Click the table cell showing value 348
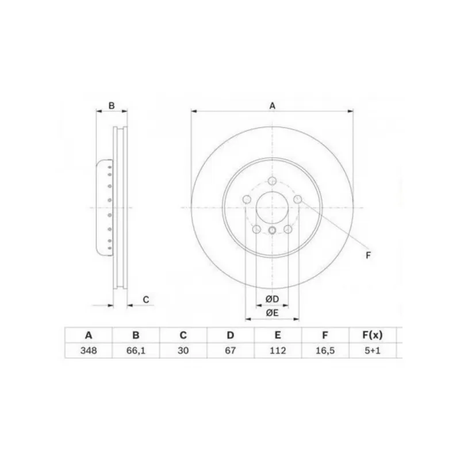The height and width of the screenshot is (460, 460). (89, 351)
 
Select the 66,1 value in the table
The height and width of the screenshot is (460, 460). (136, 351)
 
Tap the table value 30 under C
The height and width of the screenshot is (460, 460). (183, 351)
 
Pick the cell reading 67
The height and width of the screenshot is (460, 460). (231, 351)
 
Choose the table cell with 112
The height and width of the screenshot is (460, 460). (278, 351)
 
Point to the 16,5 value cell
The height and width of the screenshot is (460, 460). (325, 351)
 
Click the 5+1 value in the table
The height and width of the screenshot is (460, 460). (373, 351)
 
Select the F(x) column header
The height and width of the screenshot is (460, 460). (373, 335)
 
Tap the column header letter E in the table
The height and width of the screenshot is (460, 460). (278, 335)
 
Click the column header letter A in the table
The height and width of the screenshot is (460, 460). (89, 335)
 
